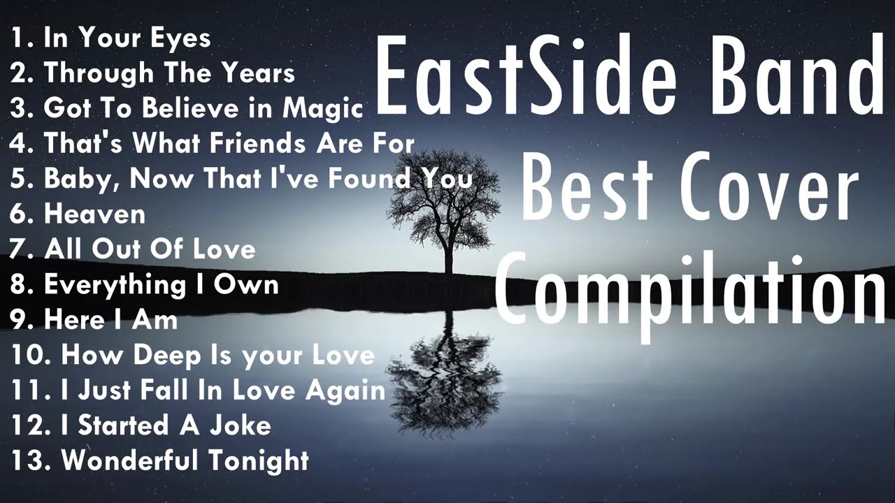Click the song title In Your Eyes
tap(127, 38)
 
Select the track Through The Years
tap(169, 73)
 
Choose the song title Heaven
tap(94, 214)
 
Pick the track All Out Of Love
tap(150, 249)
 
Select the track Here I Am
tap(110, 320)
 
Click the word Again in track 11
tap(345, 391)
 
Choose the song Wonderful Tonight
tap(185, 460)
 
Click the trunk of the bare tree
tap(447, 251)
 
